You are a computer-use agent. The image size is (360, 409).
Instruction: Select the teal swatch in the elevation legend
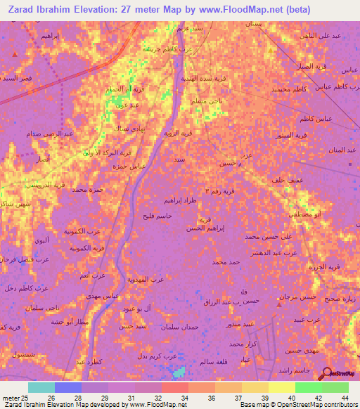click(41, 387)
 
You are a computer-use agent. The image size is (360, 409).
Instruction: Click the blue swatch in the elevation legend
click(68, 387)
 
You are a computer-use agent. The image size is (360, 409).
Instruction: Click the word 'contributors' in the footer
click(335, 405)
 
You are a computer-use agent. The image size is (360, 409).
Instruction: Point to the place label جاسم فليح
click(156, 216)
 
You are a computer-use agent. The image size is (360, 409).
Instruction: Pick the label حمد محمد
click(226, 262)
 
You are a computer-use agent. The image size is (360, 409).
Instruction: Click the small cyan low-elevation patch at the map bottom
click(181, 370)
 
